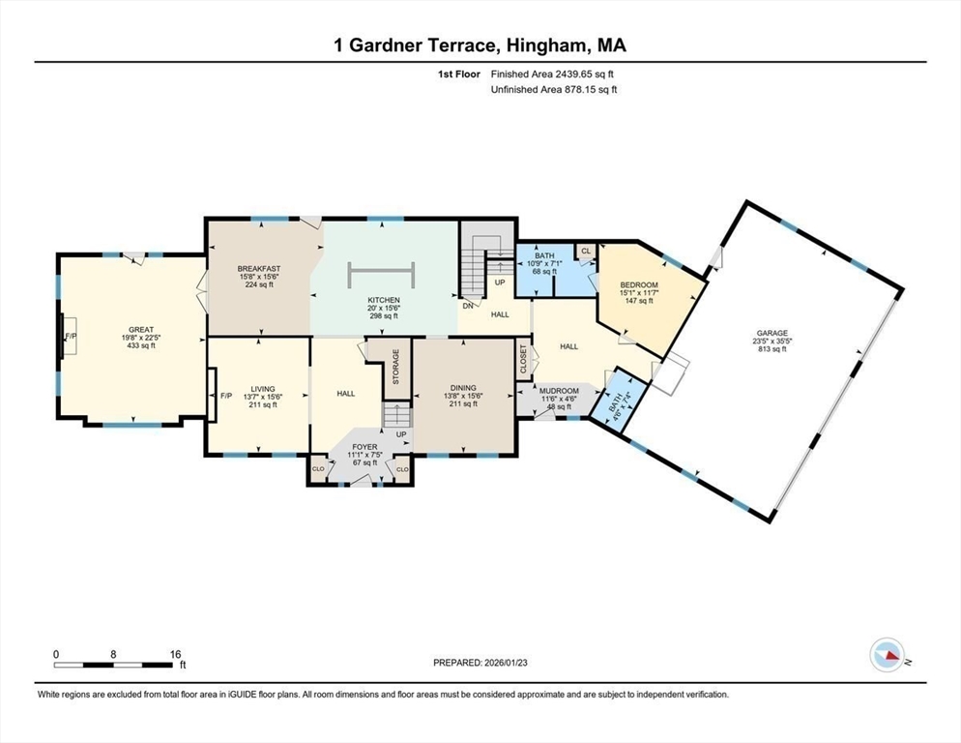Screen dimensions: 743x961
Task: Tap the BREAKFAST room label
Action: [259, 268]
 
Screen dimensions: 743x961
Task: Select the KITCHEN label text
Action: [384, 301]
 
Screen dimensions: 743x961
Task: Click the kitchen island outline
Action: [381, 275]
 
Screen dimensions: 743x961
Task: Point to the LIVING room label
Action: [258, 388]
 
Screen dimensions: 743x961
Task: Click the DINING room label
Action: [461, 388]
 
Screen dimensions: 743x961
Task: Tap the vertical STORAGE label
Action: [395, 367]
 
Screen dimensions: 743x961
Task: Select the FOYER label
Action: [364, 447]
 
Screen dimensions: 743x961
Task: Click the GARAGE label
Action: [771, 332]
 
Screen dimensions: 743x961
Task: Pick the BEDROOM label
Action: [639, 284]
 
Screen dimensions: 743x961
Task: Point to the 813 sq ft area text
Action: [771, 349]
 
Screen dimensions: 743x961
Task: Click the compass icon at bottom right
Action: [887, 656]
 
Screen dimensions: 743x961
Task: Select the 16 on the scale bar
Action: [175, 654]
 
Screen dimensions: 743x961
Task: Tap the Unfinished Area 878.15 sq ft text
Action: [554, 90]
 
